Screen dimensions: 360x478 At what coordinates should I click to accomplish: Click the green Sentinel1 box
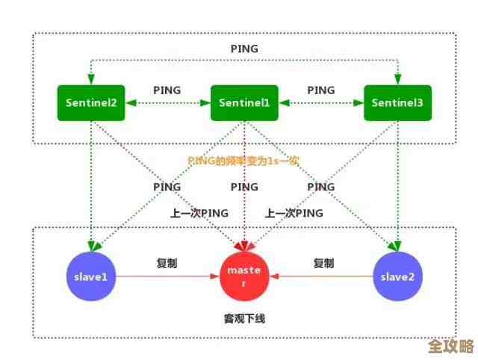coord(244,103)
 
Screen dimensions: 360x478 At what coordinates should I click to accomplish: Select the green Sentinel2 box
coord(91,103)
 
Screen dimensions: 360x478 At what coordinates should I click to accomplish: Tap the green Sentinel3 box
coord(397,103)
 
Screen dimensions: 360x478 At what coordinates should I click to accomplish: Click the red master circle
coord(244,276)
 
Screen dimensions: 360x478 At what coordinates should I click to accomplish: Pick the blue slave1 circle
coord(91,276)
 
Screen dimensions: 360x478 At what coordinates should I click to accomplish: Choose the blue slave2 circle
coord(397,276)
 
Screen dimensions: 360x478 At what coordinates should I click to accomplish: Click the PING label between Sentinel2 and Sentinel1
coord(167,90)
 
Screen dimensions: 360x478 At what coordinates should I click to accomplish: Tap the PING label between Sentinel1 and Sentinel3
coord(320,90)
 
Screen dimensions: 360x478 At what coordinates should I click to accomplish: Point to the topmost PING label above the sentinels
coord(244,49)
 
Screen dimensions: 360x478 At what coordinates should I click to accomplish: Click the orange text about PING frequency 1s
coord(243,161)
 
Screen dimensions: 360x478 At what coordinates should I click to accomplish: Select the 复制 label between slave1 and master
coord(167,263)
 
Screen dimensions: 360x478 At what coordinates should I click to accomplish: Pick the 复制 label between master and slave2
coord(323,263)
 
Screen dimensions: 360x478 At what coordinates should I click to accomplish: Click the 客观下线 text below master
coord(244,319)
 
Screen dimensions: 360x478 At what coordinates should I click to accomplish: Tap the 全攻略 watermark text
coord(451,347)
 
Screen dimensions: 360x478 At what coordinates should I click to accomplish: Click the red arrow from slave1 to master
coord(167,276)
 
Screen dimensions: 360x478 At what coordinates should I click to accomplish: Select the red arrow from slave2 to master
coord(321,276)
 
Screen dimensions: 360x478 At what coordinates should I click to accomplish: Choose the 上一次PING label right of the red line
coord(294,213)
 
